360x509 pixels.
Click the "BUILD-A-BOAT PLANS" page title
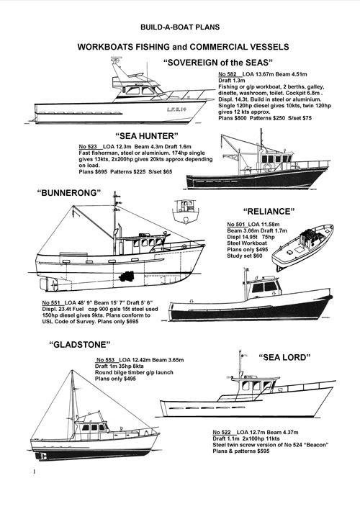(180, 27)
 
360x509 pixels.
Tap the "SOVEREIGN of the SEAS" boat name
(218, 63)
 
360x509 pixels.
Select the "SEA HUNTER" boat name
(147, 135)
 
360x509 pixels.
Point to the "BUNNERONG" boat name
(69, 193)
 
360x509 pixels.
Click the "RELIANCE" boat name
(269, 212)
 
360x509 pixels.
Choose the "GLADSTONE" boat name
(80, 344)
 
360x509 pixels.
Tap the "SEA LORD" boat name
(284, 357)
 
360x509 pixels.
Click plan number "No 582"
(228, 74)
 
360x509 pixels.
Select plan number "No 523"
(88, 146)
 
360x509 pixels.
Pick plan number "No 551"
(51, 302)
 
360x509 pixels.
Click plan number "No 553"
(106, 360)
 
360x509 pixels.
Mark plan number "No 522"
(222, 433)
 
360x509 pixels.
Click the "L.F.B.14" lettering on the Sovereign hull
(176, 109)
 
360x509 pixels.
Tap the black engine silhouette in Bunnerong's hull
(127, 277)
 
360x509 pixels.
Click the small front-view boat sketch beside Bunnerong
(185, 212)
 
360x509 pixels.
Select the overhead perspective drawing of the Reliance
(302, 248)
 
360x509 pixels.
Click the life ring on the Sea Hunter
(267, 167)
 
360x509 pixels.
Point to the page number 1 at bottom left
(34, 472)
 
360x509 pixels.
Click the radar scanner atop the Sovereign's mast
(115, 59)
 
